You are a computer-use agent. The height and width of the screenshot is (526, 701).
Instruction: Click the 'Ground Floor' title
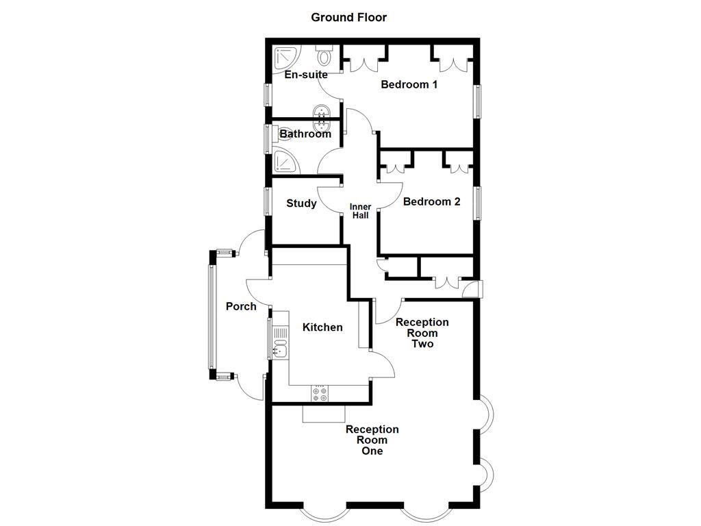pos(348,17)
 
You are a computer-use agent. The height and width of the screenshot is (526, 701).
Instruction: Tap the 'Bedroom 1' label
pos(409,85)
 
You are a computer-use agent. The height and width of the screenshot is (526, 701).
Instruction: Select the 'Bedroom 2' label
pos(431,202)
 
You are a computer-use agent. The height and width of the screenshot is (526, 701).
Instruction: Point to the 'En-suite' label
pos(305,75)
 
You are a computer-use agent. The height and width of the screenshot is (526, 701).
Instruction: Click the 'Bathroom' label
pos(305,134)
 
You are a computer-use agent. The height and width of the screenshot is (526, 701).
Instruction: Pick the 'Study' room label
pos(301,203)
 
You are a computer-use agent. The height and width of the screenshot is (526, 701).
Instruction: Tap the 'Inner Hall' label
pos(360,211)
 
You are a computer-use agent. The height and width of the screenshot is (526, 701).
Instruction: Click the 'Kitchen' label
pos(322,327)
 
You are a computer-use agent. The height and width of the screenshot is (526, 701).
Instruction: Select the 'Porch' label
pos(241,306)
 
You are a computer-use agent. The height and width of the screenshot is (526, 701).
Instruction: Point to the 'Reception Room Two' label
pos(422,333)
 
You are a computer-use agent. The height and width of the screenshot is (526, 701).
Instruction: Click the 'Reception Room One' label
pos(372,440)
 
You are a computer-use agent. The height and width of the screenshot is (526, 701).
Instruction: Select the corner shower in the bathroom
pos(285,162)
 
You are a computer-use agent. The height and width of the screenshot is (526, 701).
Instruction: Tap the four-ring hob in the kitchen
pos(320,394)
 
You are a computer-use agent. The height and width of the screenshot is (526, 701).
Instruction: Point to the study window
pos(268,203)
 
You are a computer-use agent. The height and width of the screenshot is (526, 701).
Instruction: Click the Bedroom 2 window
pos(478,203)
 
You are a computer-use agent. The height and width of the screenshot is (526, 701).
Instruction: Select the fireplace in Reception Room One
pos(324,413)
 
